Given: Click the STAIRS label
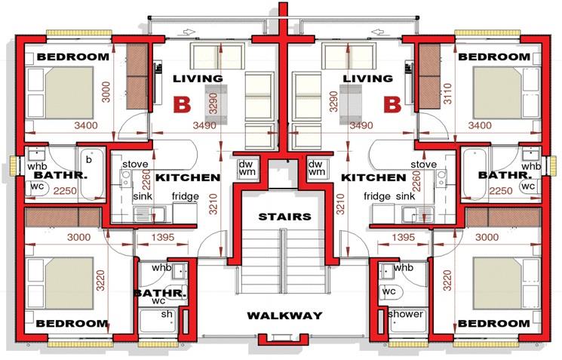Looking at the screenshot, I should point(284,217).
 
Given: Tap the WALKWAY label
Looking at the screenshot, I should point(284,315).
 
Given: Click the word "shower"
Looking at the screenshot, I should point(406,314).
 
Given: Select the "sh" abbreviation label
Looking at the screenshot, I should point(166,314).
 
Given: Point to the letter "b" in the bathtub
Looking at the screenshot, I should point(89,160).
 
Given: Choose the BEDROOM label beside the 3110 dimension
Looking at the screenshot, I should point(494,57).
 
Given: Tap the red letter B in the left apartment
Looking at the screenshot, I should point(181,104).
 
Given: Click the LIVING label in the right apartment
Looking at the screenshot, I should point(367,78).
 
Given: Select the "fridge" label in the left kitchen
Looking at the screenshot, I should point(186,196).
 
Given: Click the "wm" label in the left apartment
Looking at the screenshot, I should point(247,173).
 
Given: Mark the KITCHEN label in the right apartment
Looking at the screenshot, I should point(373,178).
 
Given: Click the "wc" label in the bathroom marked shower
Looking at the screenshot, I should point(389,291).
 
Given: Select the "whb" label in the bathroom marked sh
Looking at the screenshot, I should point(161,268).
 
